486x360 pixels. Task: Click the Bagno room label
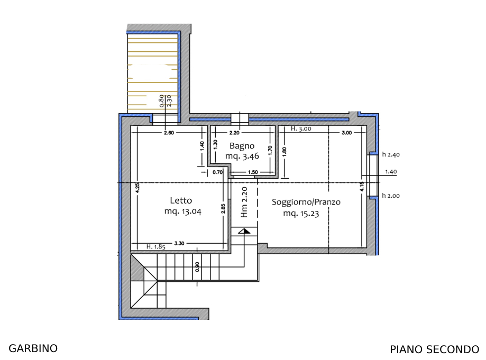click(242, 146)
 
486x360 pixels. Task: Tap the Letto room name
click(181, 200)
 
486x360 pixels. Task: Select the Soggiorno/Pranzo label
click(306, 202)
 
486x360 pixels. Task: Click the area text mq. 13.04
click(183, 211)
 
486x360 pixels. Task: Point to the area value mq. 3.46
click(242, 156)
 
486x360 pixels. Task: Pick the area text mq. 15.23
click(301, 214)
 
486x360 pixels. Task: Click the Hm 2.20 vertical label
click(244, 202)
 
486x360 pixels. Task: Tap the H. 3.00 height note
click(301, 128)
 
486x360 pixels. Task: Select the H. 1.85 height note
click(156, 247)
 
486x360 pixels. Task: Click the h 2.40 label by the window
click(391, 154)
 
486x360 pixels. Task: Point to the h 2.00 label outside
click(391, 196)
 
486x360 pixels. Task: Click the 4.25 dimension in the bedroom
click(137, 188)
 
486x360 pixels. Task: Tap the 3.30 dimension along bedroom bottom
click(179, 243)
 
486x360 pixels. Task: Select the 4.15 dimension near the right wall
click(362, 186)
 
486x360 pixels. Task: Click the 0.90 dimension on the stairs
click(197, 267)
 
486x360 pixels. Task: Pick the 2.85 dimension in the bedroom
click(223, 208)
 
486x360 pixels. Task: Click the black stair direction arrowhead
click(244, 231)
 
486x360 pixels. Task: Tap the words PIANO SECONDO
click(435, 349)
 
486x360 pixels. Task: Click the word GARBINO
click(33, 348)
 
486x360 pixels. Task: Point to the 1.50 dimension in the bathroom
click(253, 172)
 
